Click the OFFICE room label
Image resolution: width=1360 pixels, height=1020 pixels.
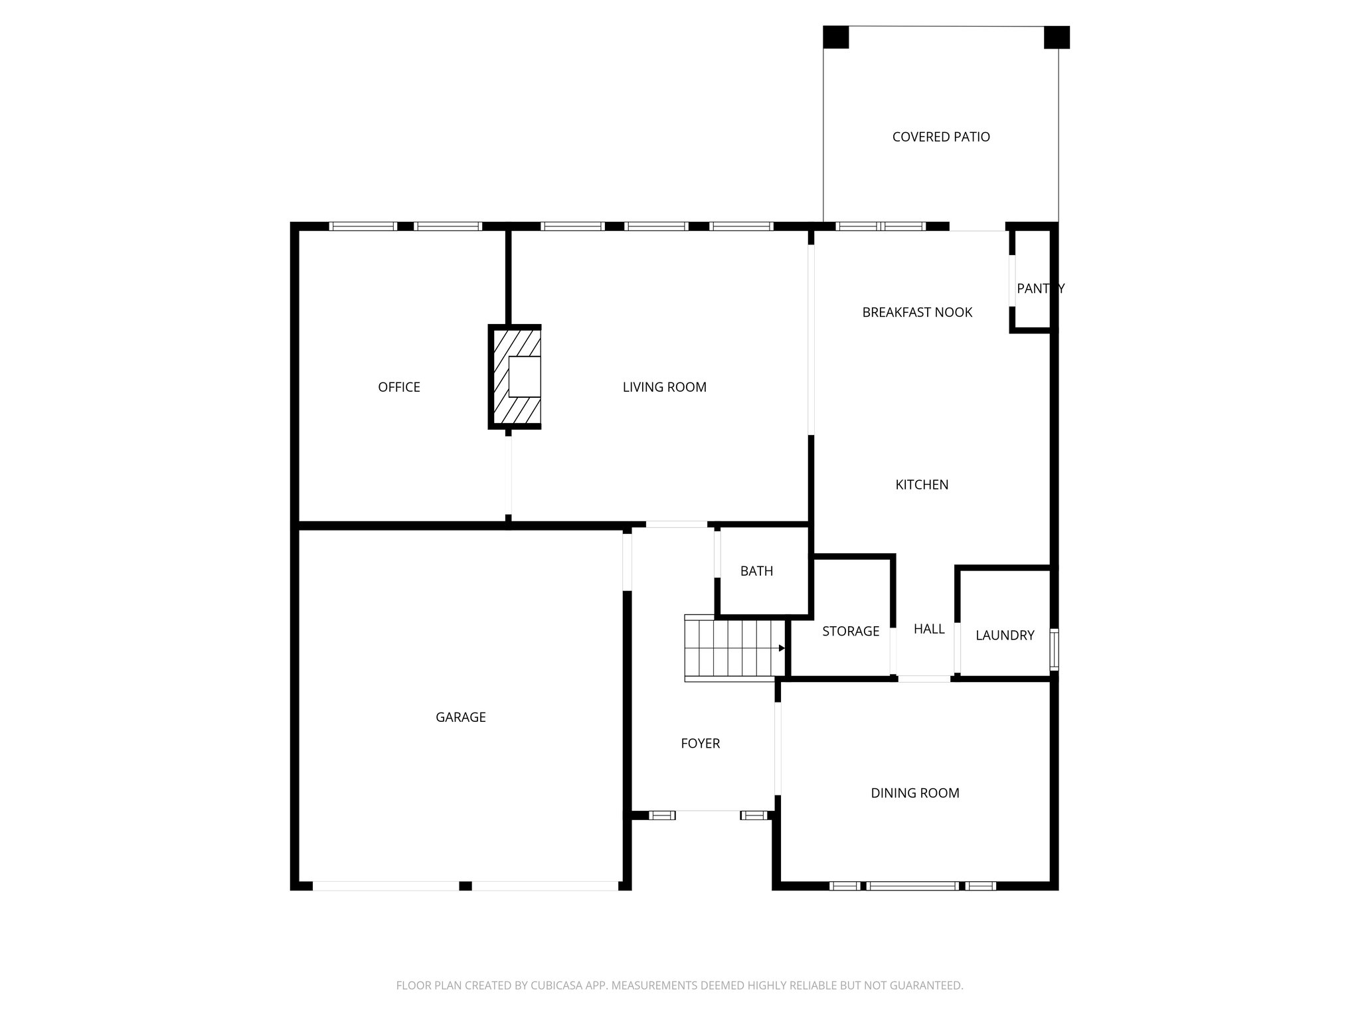point(398,387)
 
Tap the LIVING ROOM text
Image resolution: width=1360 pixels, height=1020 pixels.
point(664,387)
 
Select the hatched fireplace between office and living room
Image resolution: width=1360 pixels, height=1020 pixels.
point(515,377)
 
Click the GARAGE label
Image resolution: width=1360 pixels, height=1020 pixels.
point(460,717)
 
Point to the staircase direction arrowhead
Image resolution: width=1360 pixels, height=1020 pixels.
point(782,648)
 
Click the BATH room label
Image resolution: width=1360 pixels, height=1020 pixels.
point(756,571)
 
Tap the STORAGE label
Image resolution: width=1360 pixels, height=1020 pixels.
point(850,632)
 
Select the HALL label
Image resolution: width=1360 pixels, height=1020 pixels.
point(928,629)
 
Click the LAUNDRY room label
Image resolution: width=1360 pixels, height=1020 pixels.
point(1004,636)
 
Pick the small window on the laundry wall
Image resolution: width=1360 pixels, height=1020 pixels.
point(1054,649)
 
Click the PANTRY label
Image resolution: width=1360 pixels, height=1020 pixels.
point(1040,288)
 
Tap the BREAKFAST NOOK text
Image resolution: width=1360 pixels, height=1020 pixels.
point(916,312)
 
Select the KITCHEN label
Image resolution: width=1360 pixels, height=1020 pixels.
point(921,485)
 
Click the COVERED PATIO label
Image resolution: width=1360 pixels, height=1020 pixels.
point(940,137)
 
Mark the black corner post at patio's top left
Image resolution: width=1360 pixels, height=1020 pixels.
point(835,37)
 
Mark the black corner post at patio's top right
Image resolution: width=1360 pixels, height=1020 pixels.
point(1056,37)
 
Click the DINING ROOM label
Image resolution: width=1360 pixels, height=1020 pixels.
point(914,793)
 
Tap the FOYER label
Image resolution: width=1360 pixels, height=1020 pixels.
point(700,744)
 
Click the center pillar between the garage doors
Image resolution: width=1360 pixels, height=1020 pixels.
point(465,886)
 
